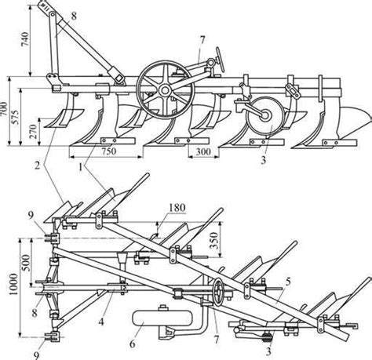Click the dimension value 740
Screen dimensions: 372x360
tap(25, 39)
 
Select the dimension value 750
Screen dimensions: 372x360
tap(108, 151)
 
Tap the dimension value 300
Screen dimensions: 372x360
tap(203, 151)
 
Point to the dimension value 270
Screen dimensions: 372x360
tap(33, 131)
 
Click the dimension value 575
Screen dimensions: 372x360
tap(16, 117)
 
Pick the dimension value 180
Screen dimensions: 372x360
tap(177, 208)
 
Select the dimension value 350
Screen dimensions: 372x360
tap(214, 241)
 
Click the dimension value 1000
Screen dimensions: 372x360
tap(13, 284)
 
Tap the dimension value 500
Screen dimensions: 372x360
tap(26, 263)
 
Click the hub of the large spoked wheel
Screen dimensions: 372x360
tap(165, 91)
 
